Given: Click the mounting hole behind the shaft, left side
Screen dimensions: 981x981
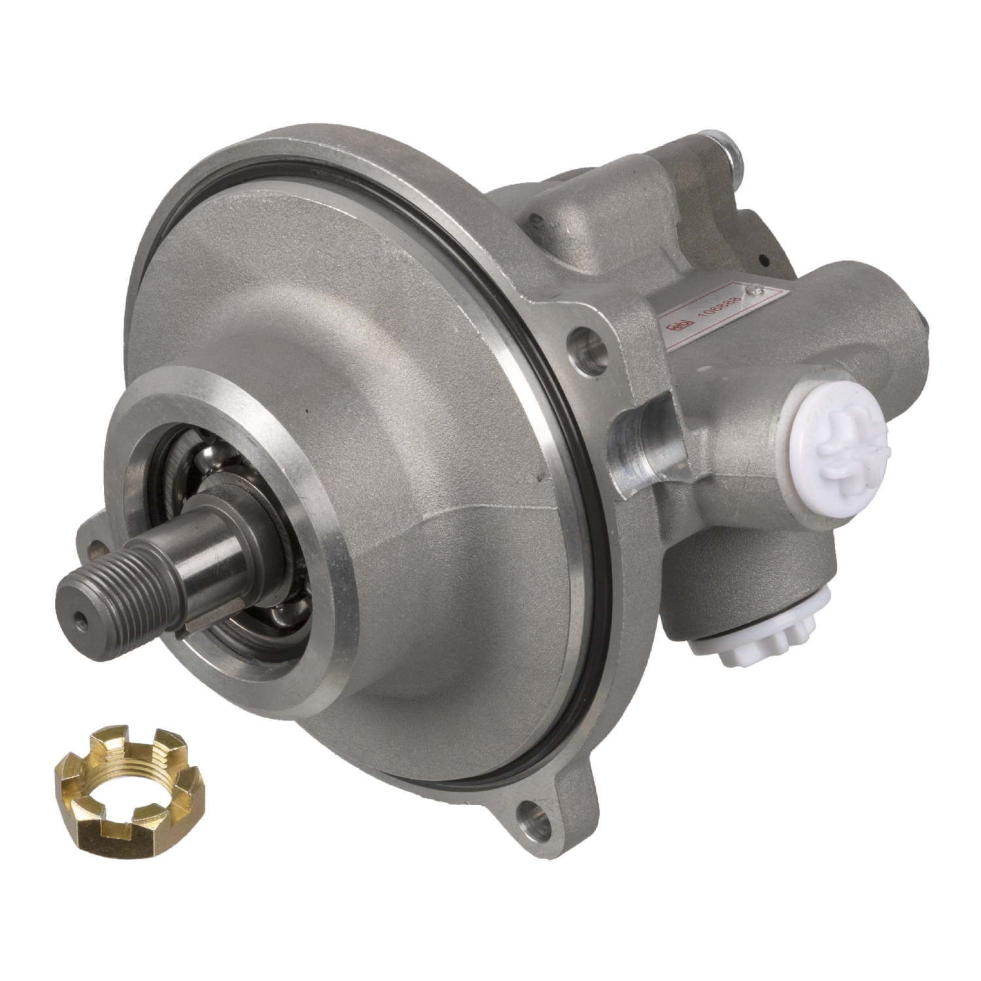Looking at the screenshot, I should click(97, 544).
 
